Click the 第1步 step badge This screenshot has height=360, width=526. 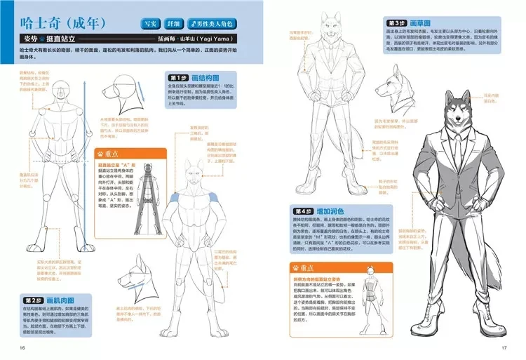(x=177, y=77)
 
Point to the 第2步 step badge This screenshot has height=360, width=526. (x=34, y=300)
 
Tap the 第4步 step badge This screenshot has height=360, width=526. (x=303, y=211)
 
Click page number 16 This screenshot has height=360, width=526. (x=23, y=349)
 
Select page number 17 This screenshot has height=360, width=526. (x=503, y=349)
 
